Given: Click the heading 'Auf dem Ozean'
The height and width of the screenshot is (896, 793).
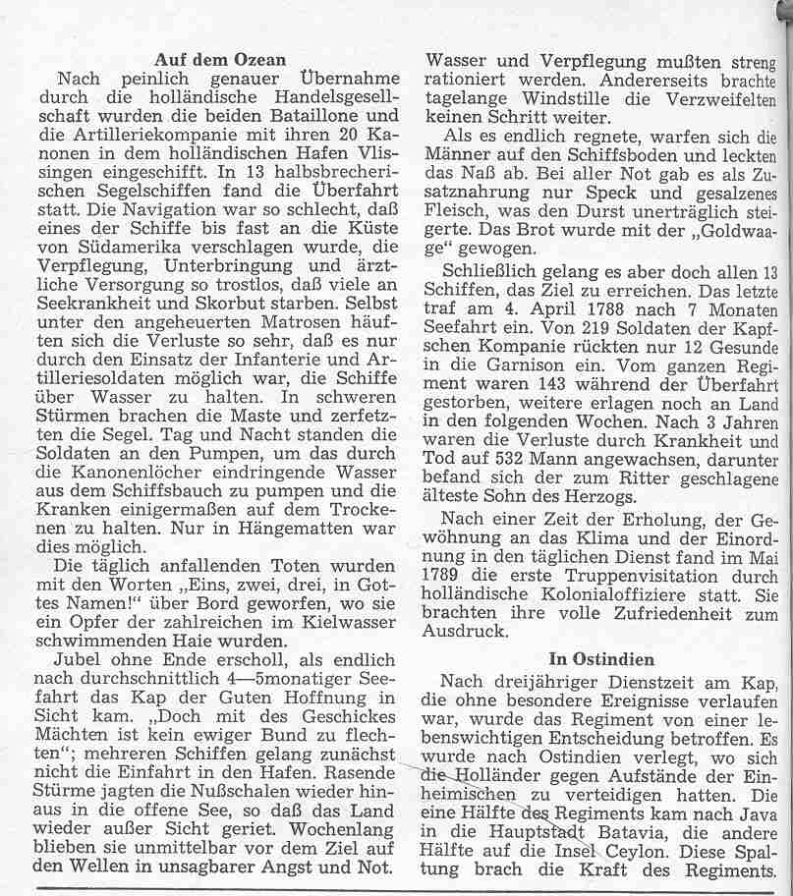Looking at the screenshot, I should click(220, 60).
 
